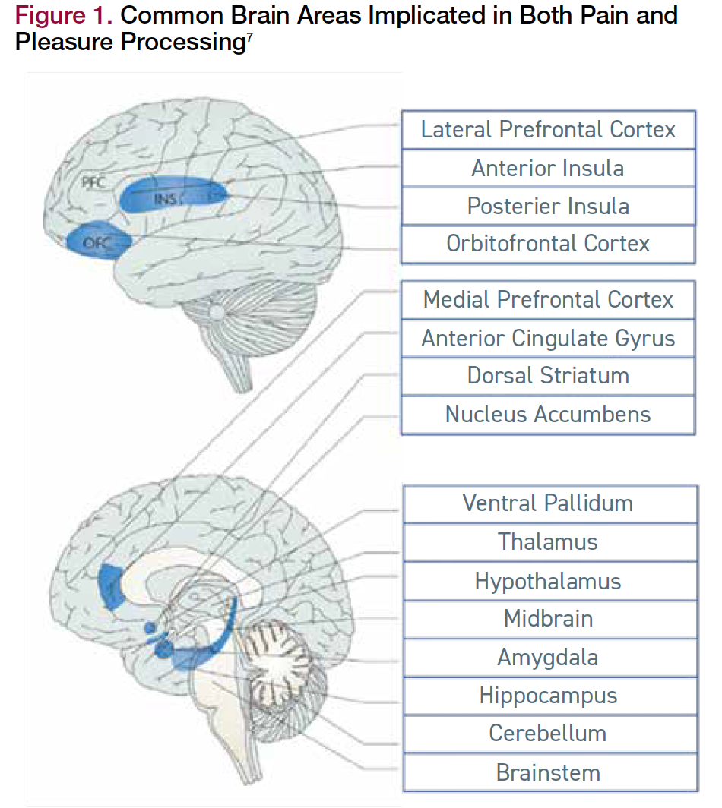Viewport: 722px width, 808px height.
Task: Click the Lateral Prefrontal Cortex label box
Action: pyautogui.click(x=548, y=129)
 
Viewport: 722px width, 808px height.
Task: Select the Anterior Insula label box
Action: pyautogui.click(x=548, y=168)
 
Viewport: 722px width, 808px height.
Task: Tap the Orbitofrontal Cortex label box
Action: pyautogui.click(x=548, y=244)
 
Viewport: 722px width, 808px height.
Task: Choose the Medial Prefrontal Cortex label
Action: pyautogui.click(x=548, y=299)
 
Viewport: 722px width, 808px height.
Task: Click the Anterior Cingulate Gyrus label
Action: pyautogui.click(x=548, y=338)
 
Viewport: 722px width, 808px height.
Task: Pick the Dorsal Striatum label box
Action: pyautogui.click(x=548, y=376)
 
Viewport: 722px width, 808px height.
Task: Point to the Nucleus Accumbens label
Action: pyautogui.click(x=548, y=415)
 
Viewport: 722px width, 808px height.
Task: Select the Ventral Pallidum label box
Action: pyautogui.click(x=548, y=503)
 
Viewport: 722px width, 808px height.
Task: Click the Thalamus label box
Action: pyautogui.click(x=548, y=542)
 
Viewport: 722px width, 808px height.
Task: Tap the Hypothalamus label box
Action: pyautogui.click(x=548, y=582)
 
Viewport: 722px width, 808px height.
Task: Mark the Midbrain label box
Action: pyautogui.click(x=548, y=619)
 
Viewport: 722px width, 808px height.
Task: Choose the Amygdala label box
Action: pyautogui.click(x=548, y=658)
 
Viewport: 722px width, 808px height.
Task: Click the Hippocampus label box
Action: pyautogui.click(x=548, y=696)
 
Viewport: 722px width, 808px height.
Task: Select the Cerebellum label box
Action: pyautogui.click(x=548, y=734)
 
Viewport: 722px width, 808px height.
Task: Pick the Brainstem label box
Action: pyautogui.click(x=548, y=773)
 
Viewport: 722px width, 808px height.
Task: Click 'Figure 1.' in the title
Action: pyautogui.click(x=64, y=15)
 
